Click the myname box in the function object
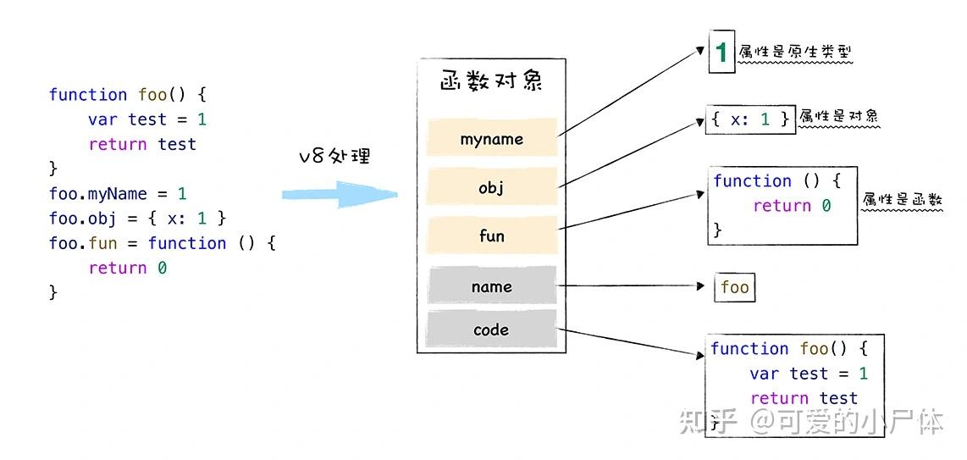(x=492, y=139)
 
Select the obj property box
(x=492, y=187)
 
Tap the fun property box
(x=492, y=236)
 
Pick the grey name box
(x=492, y=286)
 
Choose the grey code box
(x=492, y=330)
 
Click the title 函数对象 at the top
(x=491, y=81)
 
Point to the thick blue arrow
(x=339, y=195)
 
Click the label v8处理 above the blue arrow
(x=334, y=157)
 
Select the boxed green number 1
(x=721, y=53)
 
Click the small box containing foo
(x=734, y=287)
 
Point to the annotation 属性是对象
(x=838, y=117)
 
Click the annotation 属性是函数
(x=902, y=201)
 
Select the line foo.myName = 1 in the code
(x=118, y=194)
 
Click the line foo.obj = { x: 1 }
(x=137, y=219)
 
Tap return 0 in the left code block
(x=128, y=268)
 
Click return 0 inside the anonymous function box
(x=792, y=206)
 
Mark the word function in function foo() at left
(x=88, y=95)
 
